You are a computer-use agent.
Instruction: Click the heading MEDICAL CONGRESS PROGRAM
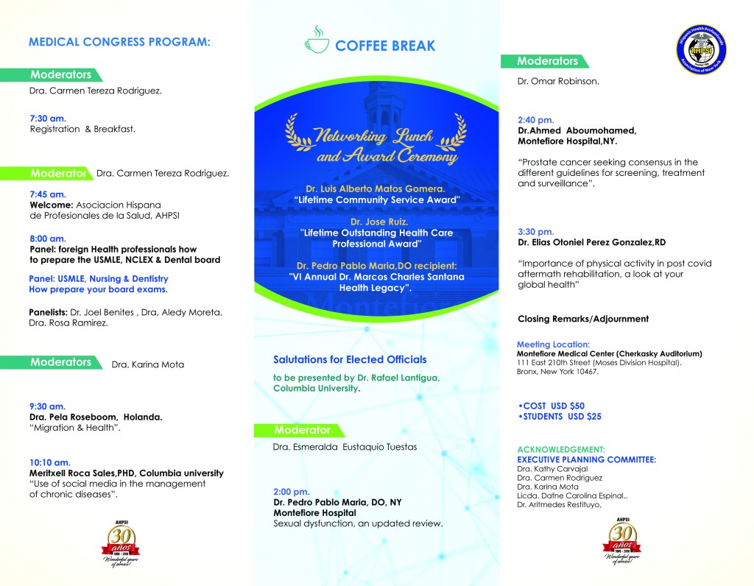tap(119, 42)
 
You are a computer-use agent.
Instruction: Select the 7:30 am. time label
tap(48, 118)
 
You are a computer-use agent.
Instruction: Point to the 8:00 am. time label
tap(48, 238)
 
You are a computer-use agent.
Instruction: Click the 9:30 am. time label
tap(48, 406)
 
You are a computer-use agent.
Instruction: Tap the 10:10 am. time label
tap(50, 462)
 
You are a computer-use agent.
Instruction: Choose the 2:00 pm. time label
tap(292, 491)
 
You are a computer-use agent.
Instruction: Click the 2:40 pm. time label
tap(536, 119)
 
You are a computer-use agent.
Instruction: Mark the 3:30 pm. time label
tap(536, 231)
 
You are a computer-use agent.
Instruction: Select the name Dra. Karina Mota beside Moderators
tap(147, 364)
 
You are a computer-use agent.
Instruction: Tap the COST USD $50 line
tap(552, 406)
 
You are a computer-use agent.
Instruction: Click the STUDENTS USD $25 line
tap(560, 417)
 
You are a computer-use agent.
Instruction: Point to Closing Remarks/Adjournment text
tap(583, 319)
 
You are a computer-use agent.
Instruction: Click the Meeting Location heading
tap(553, 344)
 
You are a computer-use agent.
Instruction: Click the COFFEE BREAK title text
tap(385, 46)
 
